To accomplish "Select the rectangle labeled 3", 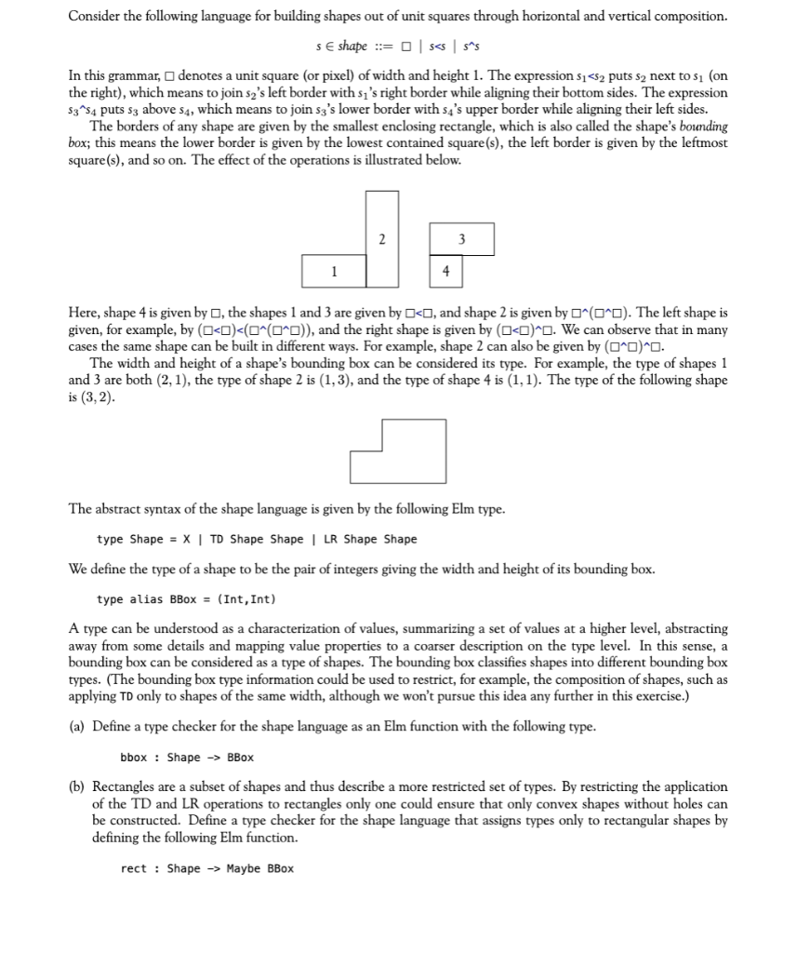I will click(x=461, y=240).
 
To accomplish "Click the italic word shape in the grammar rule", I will click(x=352, y=47).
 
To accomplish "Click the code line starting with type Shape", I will click(x=257, y=540).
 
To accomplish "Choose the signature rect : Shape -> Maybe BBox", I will click(x=206, y=869).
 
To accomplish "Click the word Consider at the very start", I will click(x=97, y=17).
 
